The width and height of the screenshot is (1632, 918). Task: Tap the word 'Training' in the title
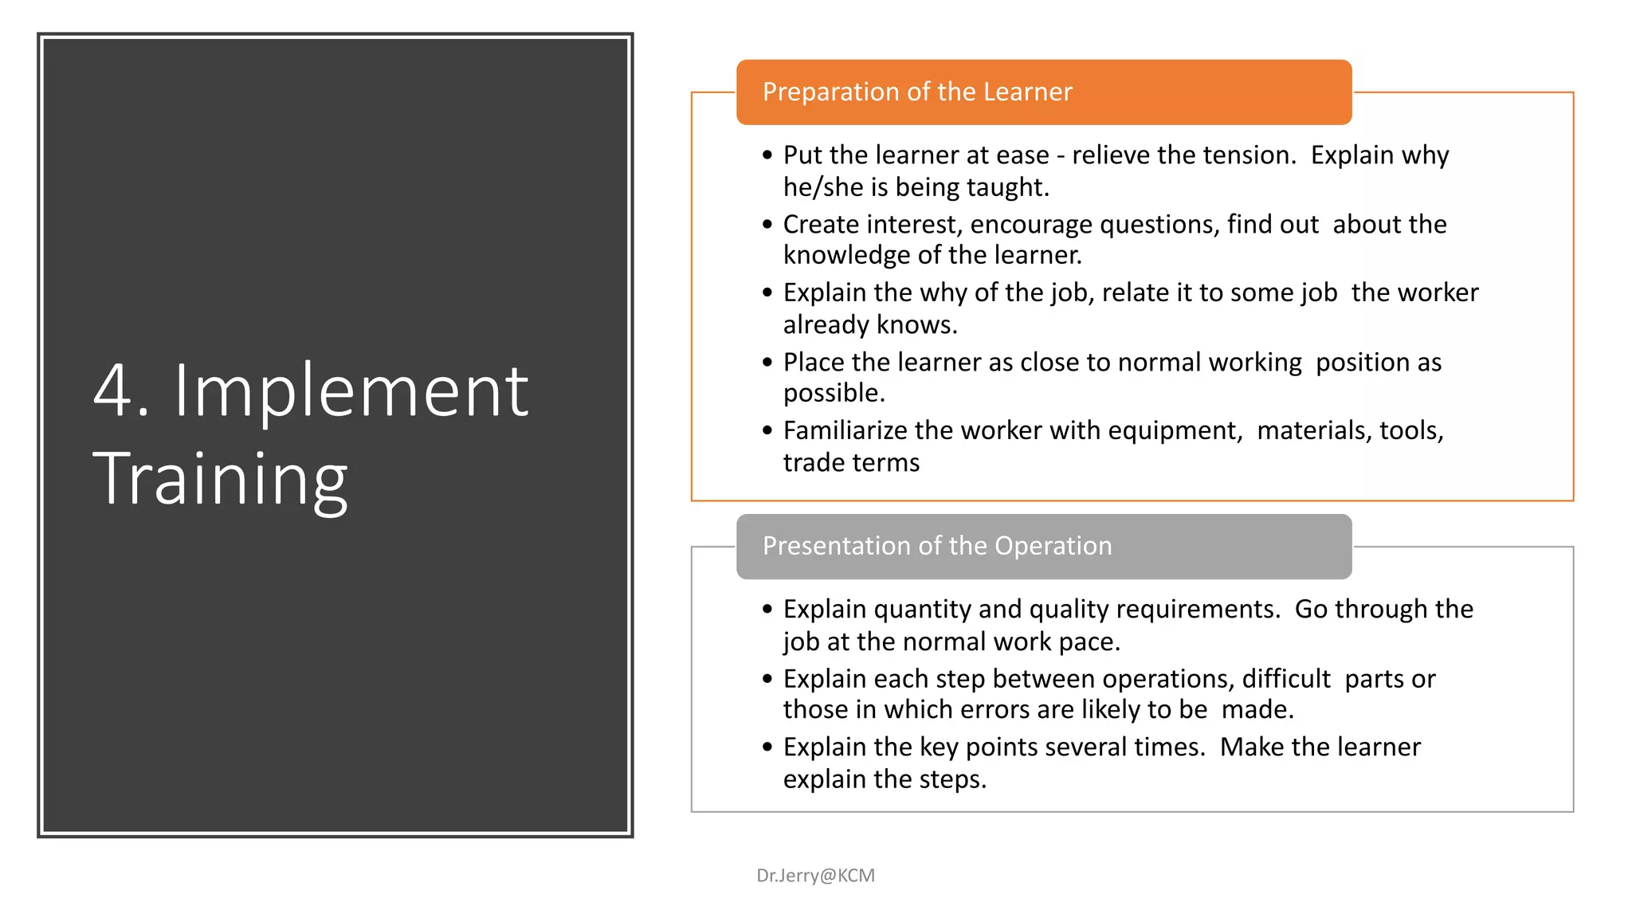pyautogui.click(x=220, y=478)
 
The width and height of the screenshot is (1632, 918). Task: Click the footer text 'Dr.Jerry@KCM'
pyautogui.click(x=815, y=875)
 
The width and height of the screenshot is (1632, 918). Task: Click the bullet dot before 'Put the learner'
pyautogui.click(x=767, y=155)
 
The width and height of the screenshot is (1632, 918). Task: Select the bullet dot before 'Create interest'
pyautogui.click(x=767, y=224)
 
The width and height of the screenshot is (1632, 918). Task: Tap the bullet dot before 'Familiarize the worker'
pyautogui.click(x=767, y=430)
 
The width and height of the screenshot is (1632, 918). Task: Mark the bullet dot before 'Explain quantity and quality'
pyautogui.click(x=767, y=609)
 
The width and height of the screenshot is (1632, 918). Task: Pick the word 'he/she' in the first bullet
pyautogui.click(x=823, y=187)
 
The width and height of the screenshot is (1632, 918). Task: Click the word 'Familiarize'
pyautogui.click(x=845, y=430)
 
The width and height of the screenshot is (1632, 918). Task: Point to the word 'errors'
pyautogui.click(x=999, y=709)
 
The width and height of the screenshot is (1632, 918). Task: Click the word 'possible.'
pyautogui.click(x=834, y=393)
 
